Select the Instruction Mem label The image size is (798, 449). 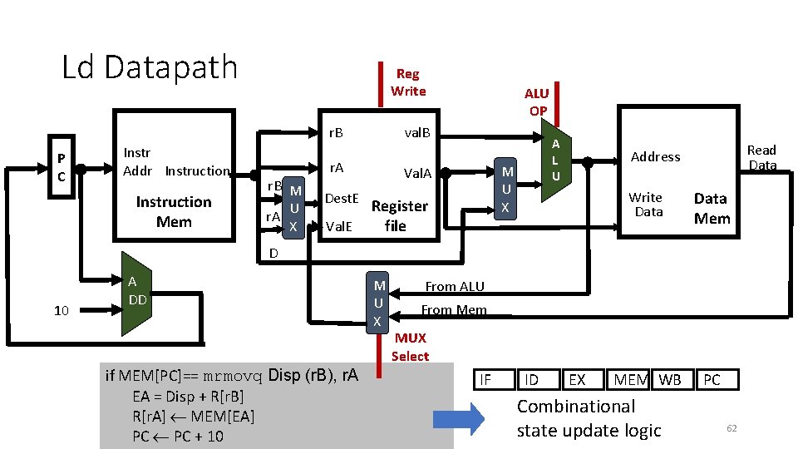tap(174, 212)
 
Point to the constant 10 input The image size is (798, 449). tap(61, 310)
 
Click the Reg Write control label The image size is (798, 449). tap(408, 82)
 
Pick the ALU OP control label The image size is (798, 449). tap(537, 101)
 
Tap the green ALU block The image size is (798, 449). tap(556, 160)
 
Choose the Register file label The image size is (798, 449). tap(399, 215)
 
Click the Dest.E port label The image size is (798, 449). tap(341, 198)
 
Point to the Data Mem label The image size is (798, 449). tap(712, 208)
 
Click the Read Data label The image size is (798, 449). tap(761, 157)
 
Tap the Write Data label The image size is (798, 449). tap(646, 205)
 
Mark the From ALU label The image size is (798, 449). tap(455, 286)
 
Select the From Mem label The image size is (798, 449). tap(454, 310)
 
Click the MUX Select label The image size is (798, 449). tap(411, 347)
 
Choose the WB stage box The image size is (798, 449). tap(670, 380)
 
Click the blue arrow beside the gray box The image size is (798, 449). tap(459, 418)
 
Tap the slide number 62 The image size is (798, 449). tap(731, 427)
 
